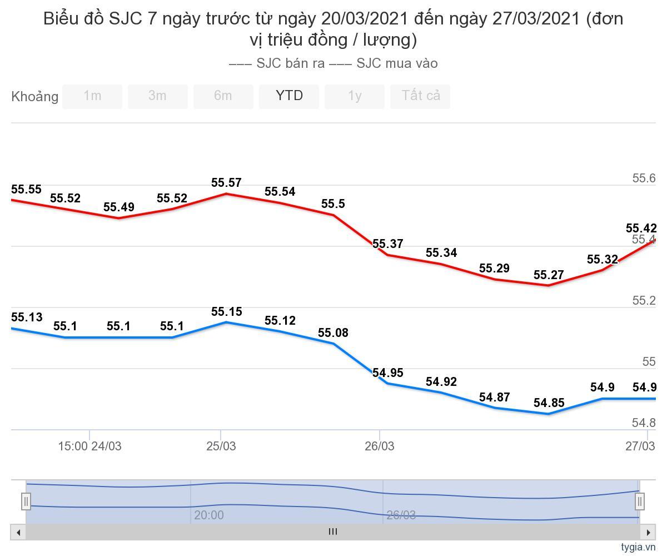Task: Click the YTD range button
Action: pyautogui.click(x=289, y=96)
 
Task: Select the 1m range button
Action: pyautogui.click(x=92, y=96)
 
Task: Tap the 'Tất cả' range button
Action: pyautogui.click(x=421, y=96)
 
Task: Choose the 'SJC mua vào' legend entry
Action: pyautogui.click(x=384, y=63)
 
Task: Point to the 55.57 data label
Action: pyautogui.click(x=226, y=183)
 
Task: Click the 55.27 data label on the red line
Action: pyautogui.click(x=549, y=275)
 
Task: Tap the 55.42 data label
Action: pyautogui.click(x=641, y=229)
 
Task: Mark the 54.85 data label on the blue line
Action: pyautogui.click(x=549, y=403)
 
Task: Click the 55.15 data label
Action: pyautogui.click(x=226, y=312)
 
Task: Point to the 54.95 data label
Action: pyautogui.click(x=387, y=373)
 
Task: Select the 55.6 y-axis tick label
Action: pyautogui.click(x=644, y=178)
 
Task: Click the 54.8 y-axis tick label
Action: pyautogui.click(x=644, y=423)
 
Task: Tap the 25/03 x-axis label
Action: pyautogui.click(x=221, y=446)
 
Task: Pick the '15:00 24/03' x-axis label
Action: pyautogui.click(x=89, y=446)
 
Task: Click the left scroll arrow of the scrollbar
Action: pyautogui.click(x=18, y=532)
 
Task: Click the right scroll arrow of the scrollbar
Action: pyautogui.click(x=648, y=532)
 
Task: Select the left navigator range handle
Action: pyautogui.click(x=26, y=501)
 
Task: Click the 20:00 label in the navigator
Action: pyautogui.click(x=209, y=515)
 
